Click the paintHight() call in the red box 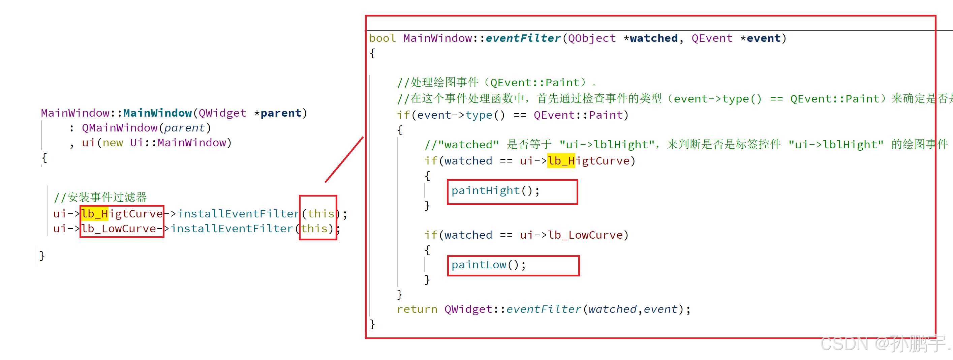tap(495, 191)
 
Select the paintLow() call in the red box tap(488, 265)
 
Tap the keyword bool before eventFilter tap(382, 38)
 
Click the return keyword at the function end tap(417, 309)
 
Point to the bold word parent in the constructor tap(281, 113)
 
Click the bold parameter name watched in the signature tap(653, 38)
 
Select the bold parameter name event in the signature tap(763, 38)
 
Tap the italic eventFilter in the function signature tap(523, 38)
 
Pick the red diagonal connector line tap(344, 160)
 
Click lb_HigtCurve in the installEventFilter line tap(122, 214)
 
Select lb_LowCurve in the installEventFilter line tap(118, 229)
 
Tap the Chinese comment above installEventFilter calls tap(100, 197)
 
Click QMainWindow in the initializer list tap(120, 128)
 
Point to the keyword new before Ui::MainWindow tap(113, 143)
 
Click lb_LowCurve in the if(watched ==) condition tap(585, 235)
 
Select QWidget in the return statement tap(468, 309)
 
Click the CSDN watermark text tap(884, 344)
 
